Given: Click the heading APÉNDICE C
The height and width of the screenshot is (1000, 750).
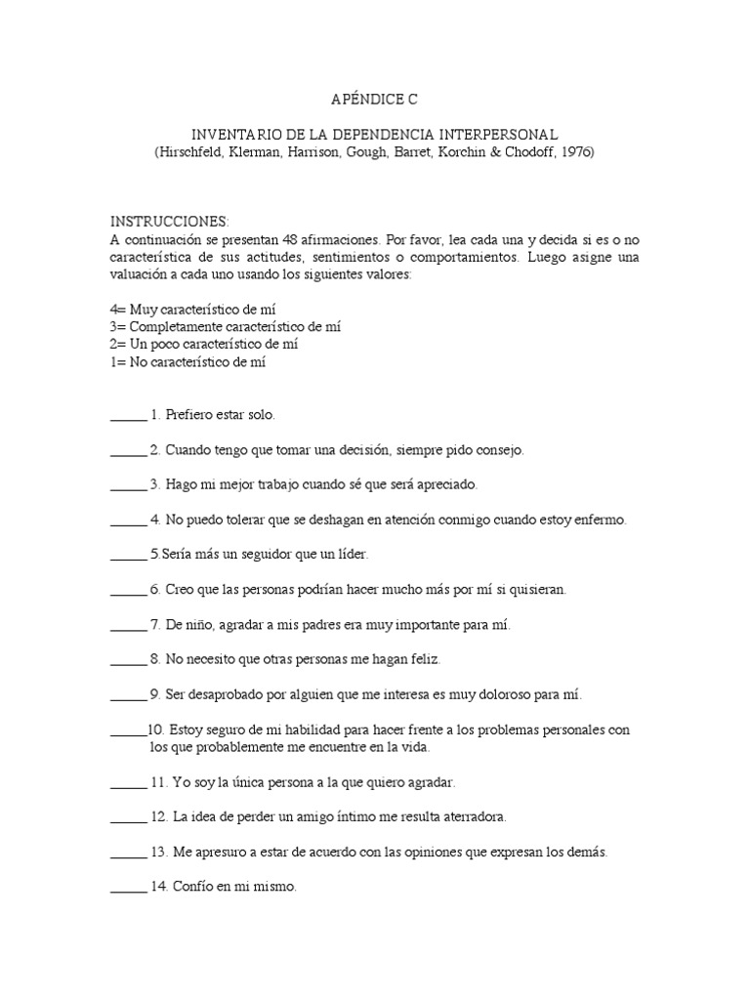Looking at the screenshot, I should tap(374, 99).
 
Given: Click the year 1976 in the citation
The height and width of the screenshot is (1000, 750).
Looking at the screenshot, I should tap(574, 152).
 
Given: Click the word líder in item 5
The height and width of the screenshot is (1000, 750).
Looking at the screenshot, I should tap(351, 555).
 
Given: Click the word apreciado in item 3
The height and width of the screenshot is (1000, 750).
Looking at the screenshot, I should tap(445, 484).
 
